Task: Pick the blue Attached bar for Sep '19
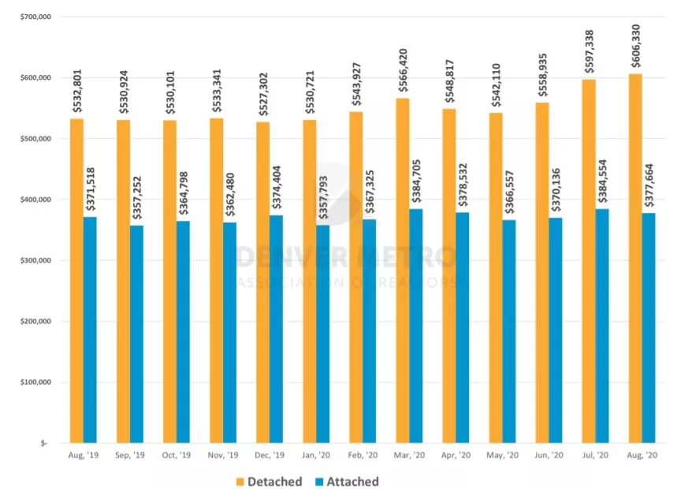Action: pos(137,334)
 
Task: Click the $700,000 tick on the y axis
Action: pos(32,17)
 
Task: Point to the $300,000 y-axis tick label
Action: pos(32,260)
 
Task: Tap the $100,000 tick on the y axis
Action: pos(32,383)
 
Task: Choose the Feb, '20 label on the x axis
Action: pos(363,456)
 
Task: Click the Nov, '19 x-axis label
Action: pos(223,456)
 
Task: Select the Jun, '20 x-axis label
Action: pos(548,456)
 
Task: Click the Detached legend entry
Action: pos(268,481)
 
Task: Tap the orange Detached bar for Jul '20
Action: pos(589,261)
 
